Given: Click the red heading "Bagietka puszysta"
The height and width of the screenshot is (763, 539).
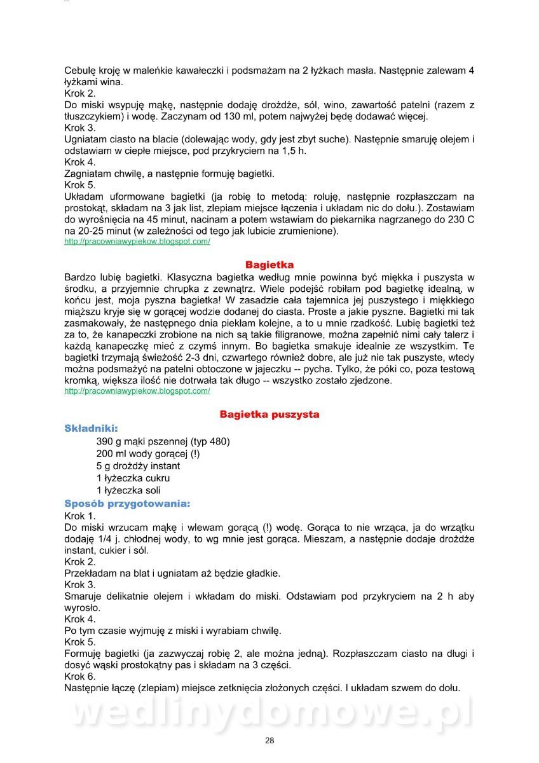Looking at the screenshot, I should pos(269,415).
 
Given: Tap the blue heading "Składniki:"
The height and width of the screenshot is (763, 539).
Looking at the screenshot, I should pos(91,429).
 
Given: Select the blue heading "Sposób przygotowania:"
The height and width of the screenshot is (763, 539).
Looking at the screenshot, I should pos(127,504).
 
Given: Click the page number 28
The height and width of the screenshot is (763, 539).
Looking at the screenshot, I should pos(269,740).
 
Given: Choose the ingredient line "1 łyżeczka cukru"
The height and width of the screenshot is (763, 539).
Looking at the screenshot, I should pos(133,478).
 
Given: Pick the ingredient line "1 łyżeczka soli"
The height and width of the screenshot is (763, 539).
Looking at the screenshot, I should pos(128,490).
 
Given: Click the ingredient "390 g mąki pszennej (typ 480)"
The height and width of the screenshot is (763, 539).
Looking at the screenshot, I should pos(163,441).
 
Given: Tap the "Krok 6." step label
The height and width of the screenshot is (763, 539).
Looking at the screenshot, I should pos(80,677).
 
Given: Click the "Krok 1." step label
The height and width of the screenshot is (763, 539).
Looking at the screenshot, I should pos(80,516).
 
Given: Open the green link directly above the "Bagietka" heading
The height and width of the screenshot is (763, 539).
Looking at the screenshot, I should pos(137,242).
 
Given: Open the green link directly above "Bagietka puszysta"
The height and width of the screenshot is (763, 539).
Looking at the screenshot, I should pos(137,391).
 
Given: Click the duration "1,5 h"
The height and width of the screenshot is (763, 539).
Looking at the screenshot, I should pos(294,151).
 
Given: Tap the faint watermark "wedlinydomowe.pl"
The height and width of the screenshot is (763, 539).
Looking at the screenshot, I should pos(269,712).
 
